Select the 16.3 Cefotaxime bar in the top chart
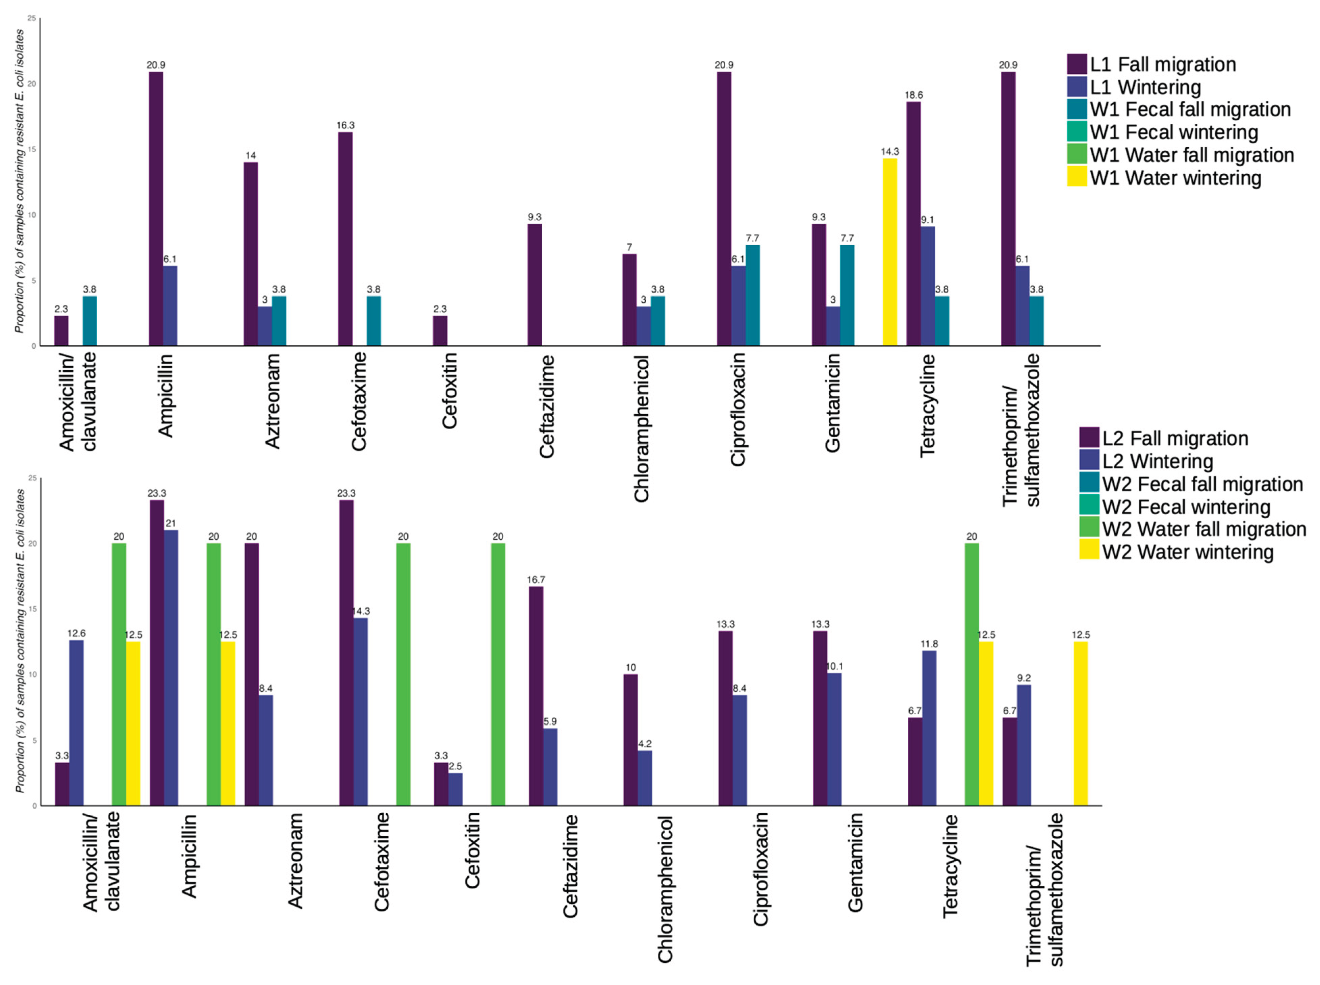(x=345, y=239)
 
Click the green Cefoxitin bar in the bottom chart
(x=498, y=674)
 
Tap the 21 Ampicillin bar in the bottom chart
(x=171, y=667)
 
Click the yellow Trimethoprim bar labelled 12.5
(x=1081, y=723)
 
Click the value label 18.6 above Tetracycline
(x=913, y=95)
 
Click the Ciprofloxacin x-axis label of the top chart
(x=738, y=409)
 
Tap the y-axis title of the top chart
(x=20, y=181)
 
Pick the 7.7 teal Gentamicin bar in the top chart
(x=847, y=295)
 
